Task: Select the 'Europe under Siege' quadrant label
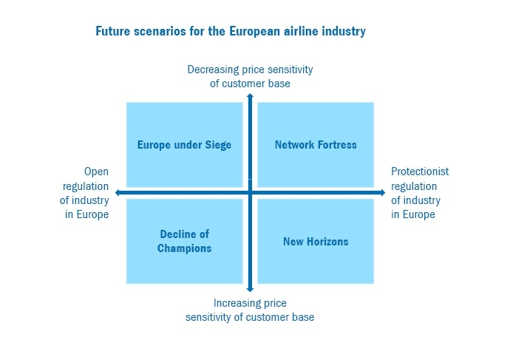point(185,145)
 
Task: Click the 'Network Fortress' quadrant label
point(316,145)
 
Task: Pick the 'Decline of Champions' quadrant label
point(185,241)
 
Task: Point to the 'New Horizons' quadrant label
point(316,242)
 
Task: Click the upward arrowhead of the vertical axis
point(250,95)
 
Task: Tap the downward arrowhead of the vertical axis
point(250,289)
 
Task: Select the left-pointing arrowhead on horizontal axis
point(118,192)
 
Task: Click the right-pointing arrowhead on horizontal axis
point(383,192)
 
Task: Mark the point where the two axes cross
point(250,192)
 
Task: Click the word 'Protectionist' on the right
point(420,171)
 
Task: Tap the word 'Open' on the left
point(96,171)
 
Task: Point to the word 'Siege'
point(218,145)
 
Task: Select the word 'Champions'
point(185,248)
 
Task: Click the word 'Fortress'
point(337,145)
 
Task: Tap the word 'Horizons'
point(327,242)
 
